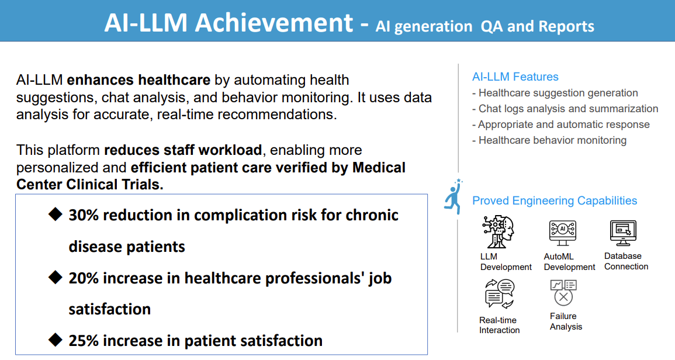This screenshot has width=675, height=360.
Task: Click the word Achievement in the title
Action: tap(274, 23)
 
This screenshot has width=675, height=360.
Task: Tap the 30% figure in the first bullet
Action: tap(84, 215)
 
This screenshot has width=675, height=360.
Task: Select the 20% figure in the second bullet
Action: tap(84, 278)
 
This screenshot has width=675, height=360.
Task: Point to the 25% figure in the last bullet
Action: tap(84, 341)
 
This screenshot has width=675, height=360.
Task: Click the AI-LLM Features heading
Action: tap(515, 77)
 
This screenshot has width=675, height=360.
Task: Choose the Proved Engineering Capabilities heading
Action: tap(555, 200)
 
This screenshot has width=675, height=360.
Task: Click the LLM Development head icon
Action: tap(497, 232)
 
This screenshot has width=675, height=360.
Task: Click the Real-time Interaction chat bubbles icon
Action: tap(499, 293)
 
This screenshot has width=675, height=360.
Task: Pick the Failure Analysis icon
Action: tap(563, 292)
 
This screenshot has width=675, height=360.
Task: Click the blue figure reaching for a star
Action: tap(453, 196)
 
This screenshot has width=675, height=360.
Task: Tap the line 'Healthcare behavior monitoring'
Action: tap(552, 140)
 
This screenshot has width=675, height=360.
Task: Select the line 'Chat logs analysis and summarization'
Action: tap(567, 109)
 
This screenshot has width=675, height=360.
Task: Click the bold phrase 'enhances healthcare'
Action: tap(139, 80)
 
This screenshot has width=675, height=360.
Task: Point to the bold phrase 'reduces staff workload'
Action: tap(183, 150)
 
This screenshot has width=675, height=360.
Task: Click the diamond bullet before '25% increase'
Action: tap(56, 340)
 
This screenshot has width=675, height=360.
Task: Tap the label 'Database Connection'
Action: tap(626, 261)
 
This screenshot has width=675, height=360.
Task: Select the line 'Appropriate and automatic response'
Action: tap(563, 124)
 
